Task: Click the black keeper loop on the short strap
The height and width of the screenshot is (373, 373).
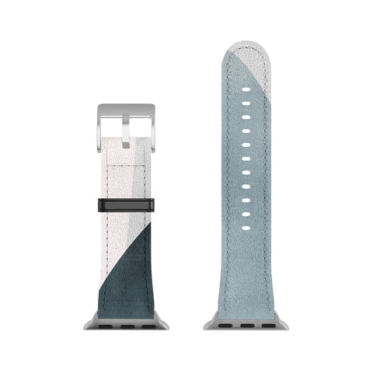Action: click(127, 206)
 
